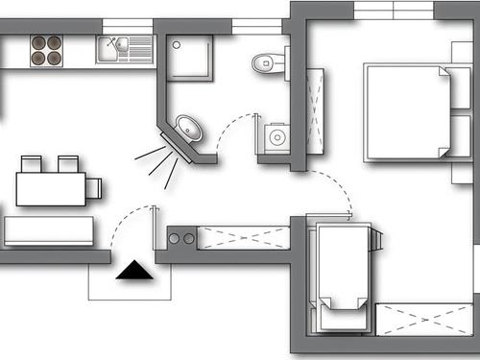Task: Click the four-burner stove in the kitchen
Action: click(45, 49)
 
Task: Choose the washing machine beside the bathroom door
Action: click(276, 137)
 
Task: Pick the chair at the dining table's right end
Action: click(93, 186)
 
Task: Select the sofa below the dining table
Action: click(49, 231)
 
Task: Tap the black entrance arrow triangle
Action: click(133, 273)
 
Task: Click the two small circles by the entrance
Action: click(181, 237)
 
